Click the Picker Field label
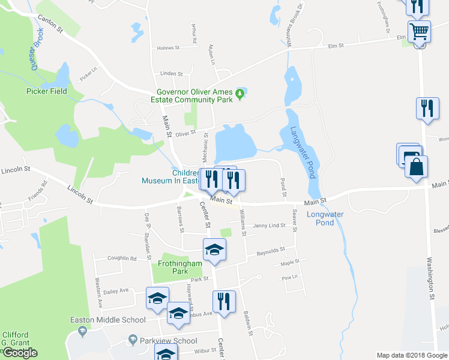(46, 91)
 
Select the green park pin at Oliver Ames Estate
(240, 93)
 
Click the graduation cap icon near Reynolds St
(214, 250)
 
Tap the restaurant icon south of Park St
(224, 301)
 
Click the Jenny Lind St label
(268, 226)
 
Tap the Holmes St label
(168, 48)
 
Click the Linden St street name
(171, 74)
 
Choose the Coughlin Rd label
(122, 258)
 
